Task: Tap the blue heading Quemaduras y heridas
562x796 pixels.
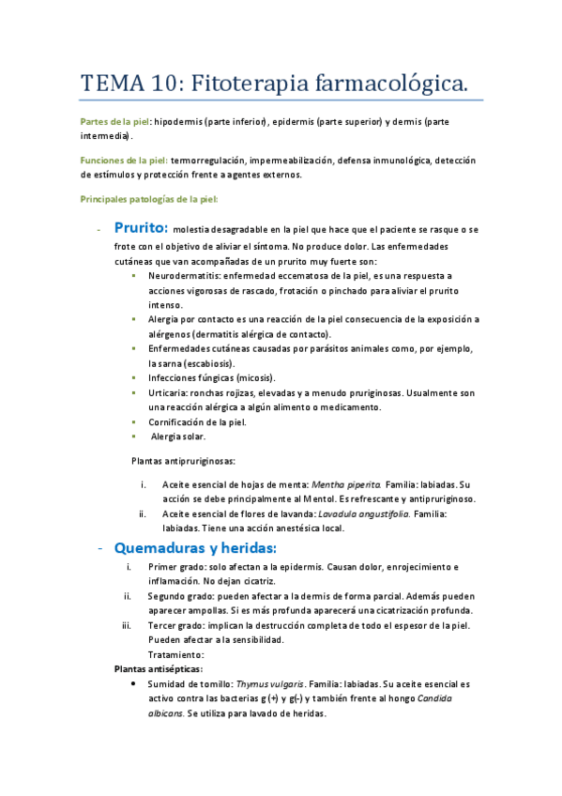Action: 195,547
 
